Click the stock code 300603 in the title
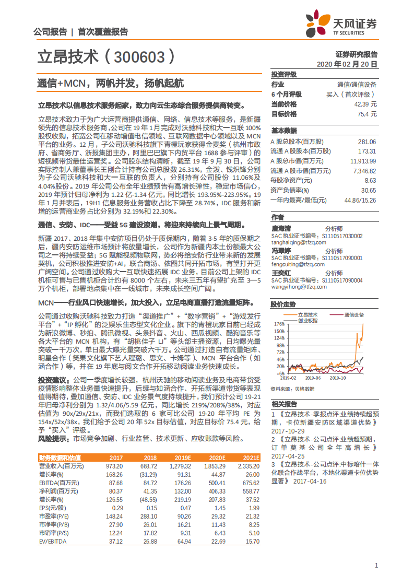click(x=139, y=57)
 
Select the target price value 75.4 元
click(x=366, y=114)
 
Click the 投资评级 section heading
click(x=283, y=75)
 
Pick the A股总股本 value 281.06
click(x=366, y=142)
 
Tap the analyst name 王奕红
click(x=280, y=273)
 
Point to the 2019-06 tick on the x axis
click(x=313, y=377)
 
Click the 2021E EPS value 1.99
click(x=254, y=508)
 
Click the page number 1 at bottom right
click(x=376, y=565)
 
